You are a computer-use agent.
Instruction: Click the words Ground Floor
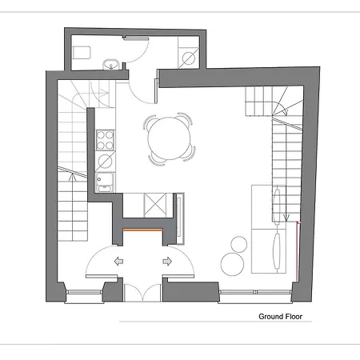285,316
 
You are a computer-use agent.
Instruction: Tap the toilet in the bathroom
82,53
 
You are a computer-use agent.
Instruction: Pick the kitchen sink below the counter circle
103,183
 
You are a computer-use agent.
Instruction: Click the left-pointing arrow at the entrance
118,261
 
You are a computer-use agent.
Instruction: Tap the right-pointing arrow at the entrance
169,261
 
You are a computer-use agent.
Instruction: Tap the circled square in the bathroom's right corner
188,57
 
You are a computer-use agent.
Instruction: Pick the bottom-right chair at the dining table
191,154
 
